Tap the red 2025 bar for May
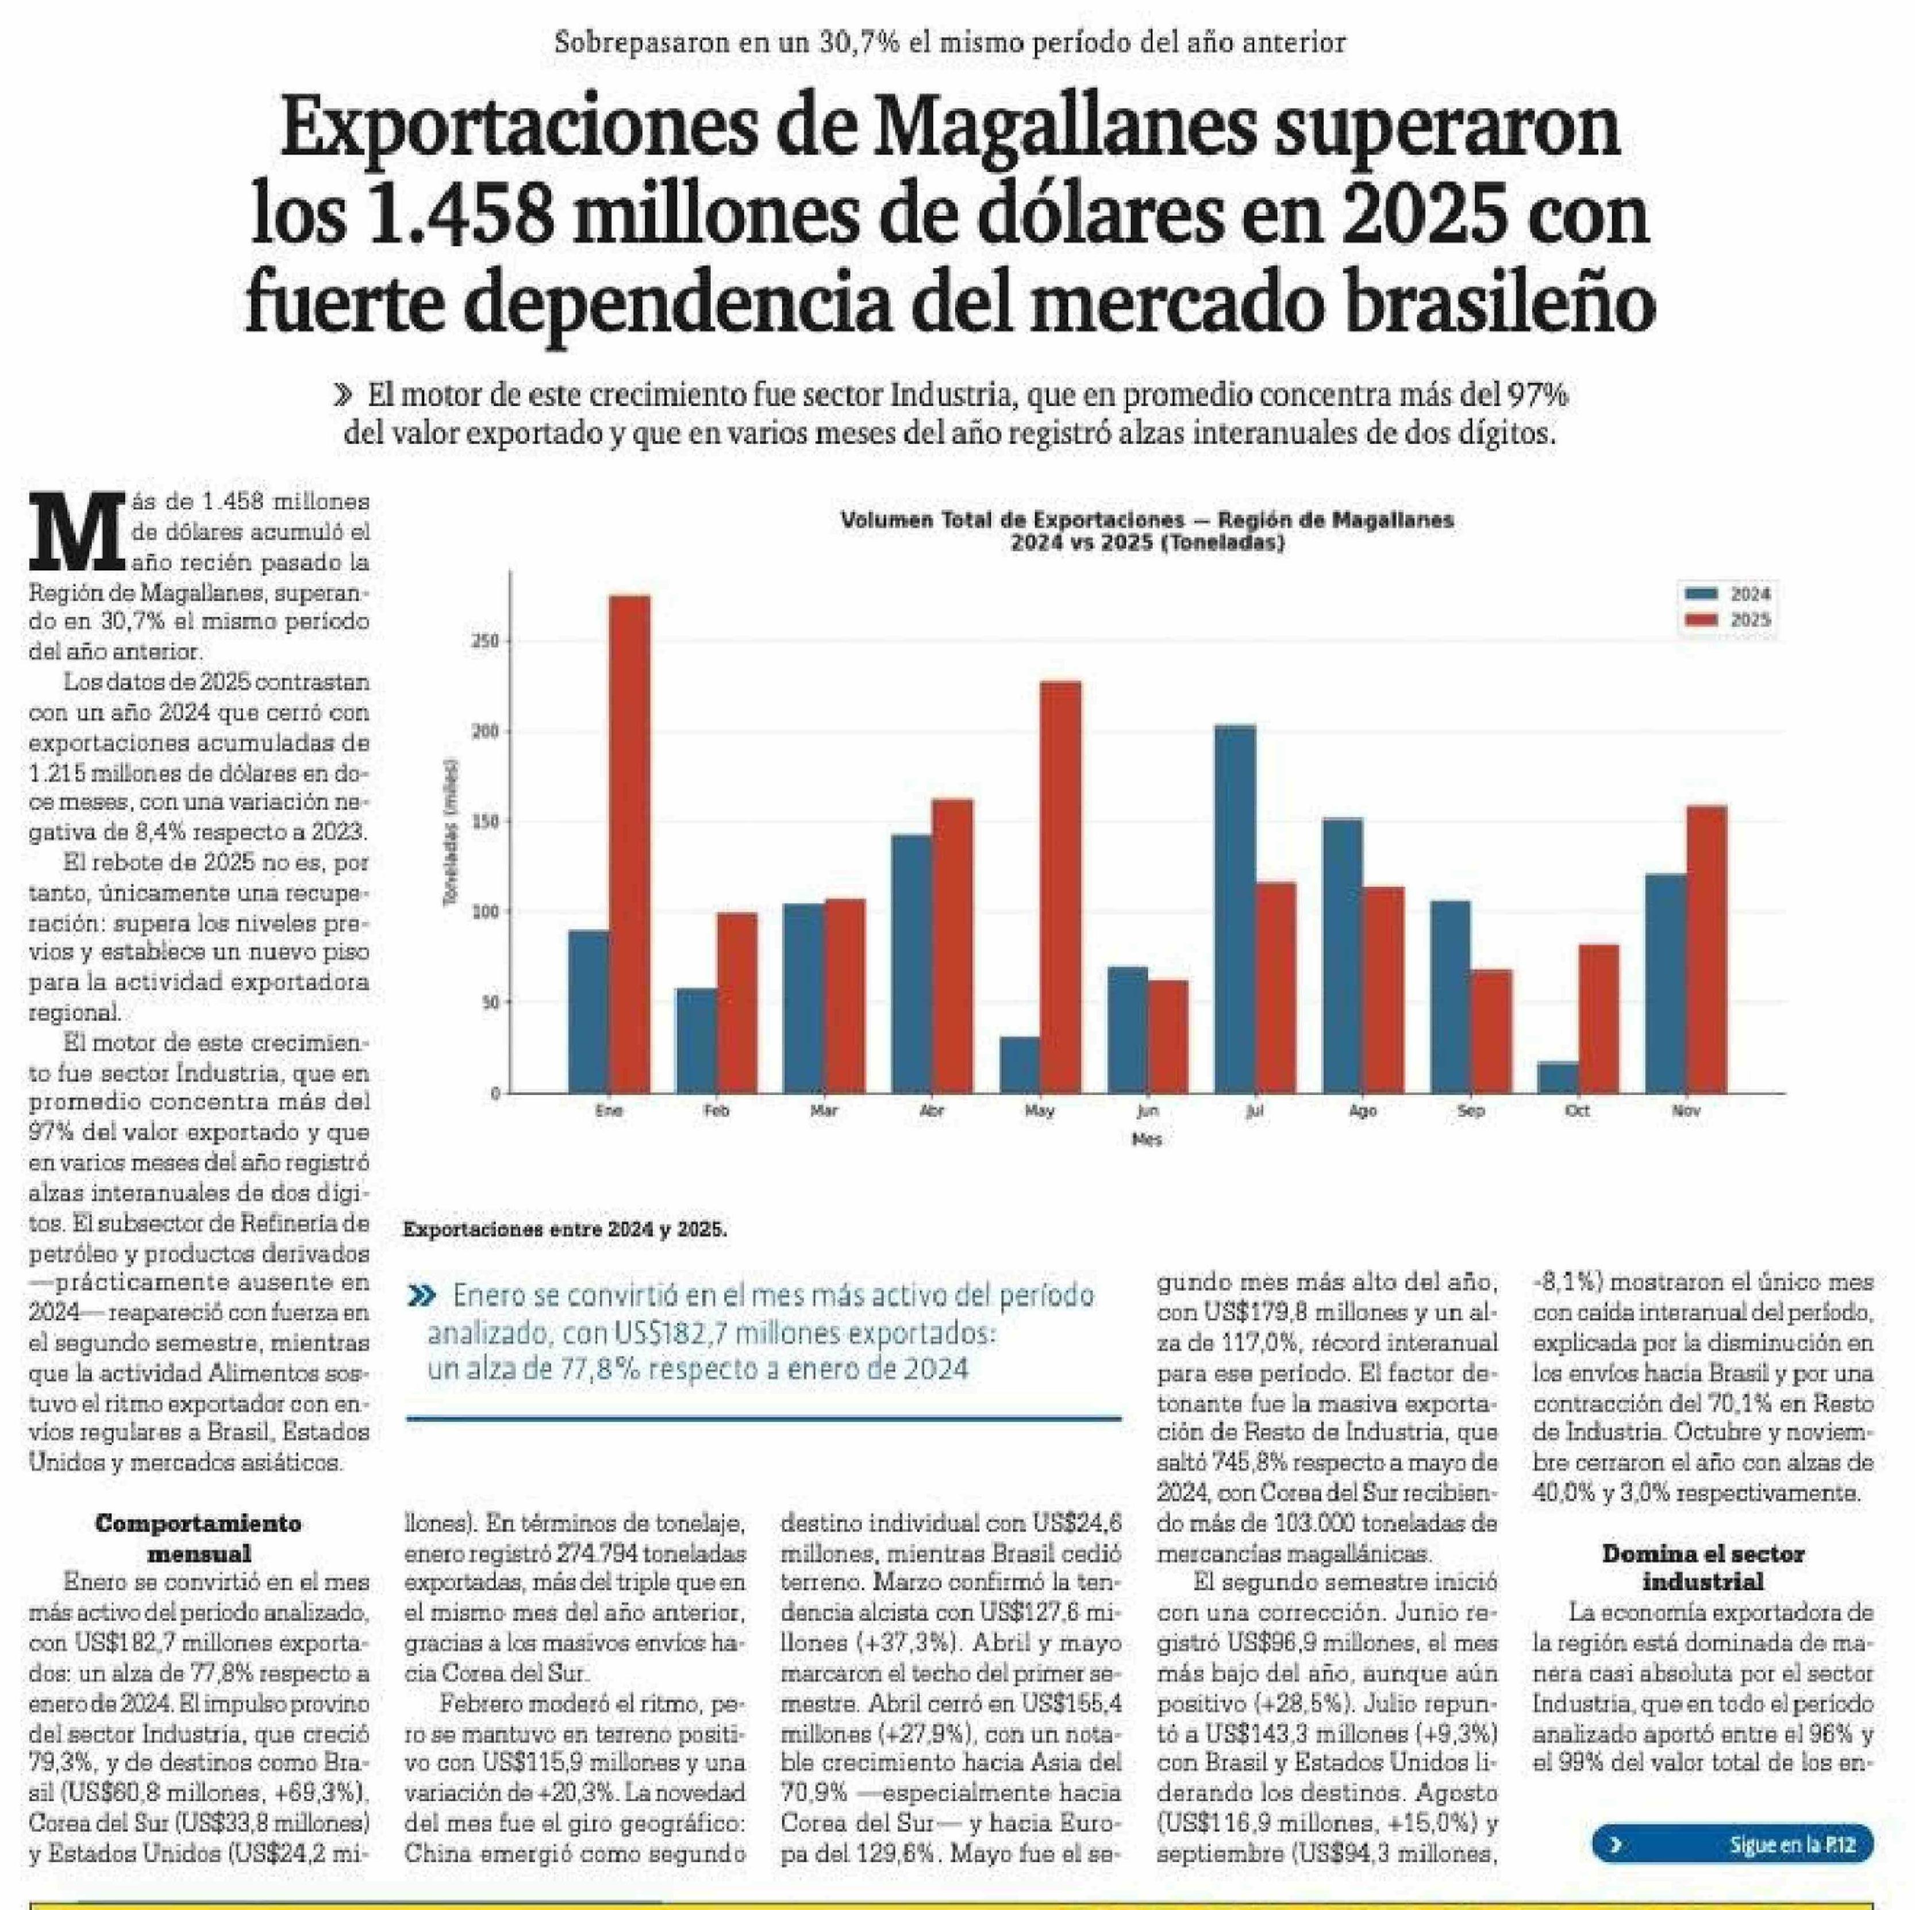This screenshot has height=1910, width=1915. click(1060, 887)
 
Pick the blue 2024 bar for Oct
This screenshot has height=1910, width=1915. click(1557, 1077)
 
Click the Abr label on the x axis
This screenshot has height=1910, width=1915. click(932, 1111)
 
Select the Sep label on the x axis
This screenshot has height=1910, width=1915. click(1471, 1111)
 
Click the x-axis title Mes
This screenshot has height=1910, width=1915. click(1146, 1140)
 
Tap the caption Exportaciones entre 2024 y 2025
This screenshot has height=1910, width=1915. click(565, 1230)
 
